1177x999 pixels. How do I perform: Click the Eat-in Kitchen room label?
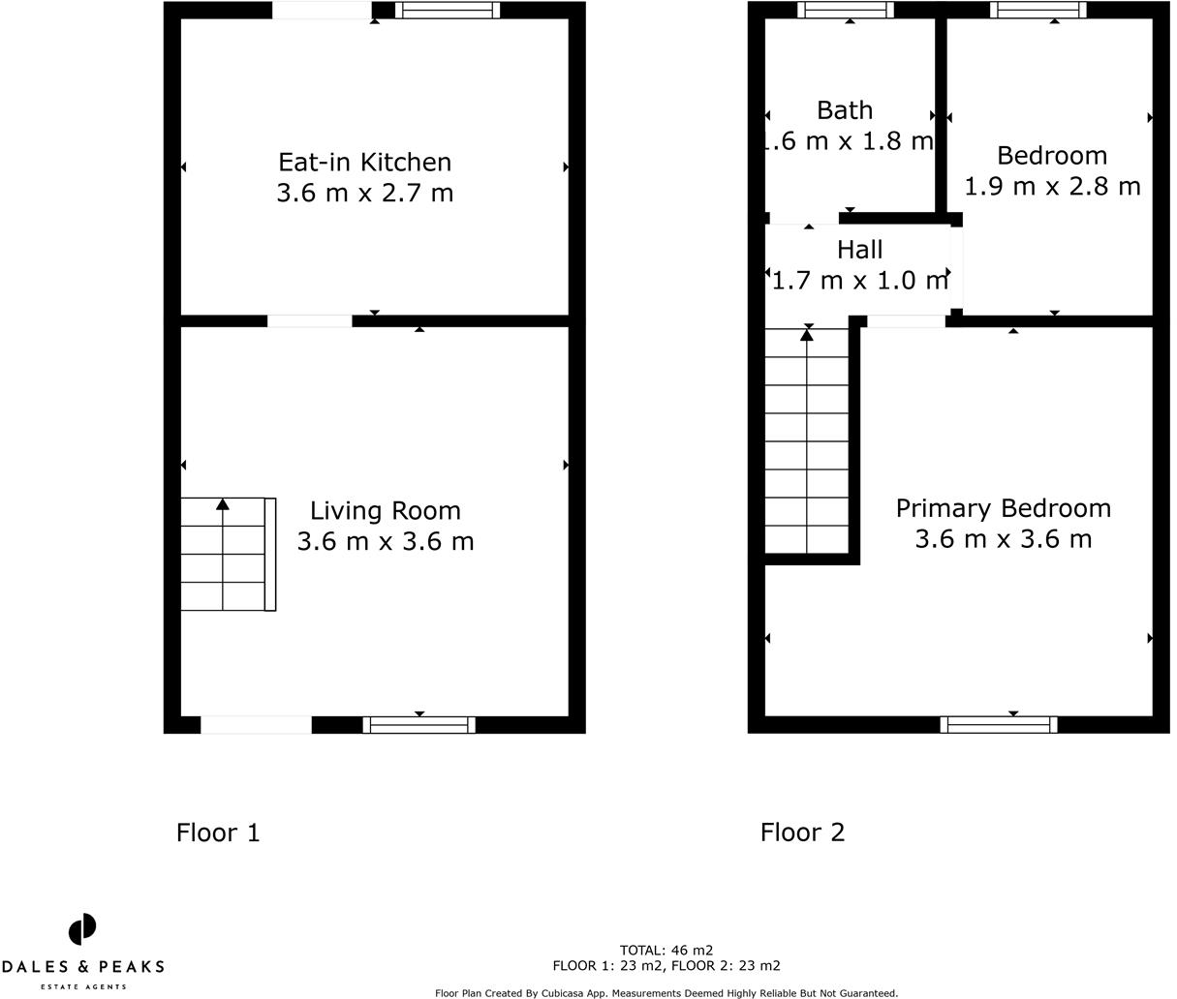tap(364, 162)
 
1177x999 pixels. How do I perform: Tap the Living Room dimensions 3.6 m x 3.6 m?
tap(385, 541)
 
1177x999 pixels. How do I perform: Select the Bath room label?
tap(844, 110)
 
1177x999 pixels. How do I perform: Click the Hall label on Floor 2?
tap(859, 250)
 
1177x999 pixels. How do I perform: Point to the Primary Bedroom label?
tap(1003, 508)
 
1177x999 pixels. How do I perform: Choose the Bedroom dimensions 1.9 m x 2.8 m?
tap(1052, 186)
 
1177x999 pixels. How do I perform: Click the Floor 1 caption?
tap(218, 832)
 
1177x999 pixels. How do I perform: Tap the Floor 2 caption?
tap(802, 832)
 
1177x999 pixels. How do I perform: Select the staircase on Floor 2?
tap(807, 440)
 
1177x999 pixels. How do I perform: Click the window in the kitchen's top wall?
tap(448, 11)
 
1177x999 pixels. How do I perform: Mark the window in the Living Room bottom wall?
tap(418, 724)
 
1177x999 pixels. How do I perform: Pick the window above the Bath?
tap(845, 11)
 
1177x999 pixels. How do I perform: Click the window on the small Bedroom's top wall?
tap(1038, 11)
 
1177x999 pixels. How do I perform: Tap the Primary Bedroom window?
tap(999, 724)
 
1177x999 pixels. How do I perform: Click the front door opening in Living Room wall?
tap(256, 724)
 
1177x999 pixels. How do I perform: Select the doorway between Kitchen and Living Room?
tap(309, 320)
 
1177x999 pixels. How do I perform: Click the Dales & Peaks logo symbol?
tap(82, 929)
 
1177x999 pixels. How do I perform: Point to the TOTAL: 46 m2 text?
tap(666, 950)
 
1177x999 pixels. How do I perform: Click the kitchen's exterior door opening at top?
tap(321, 11)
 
